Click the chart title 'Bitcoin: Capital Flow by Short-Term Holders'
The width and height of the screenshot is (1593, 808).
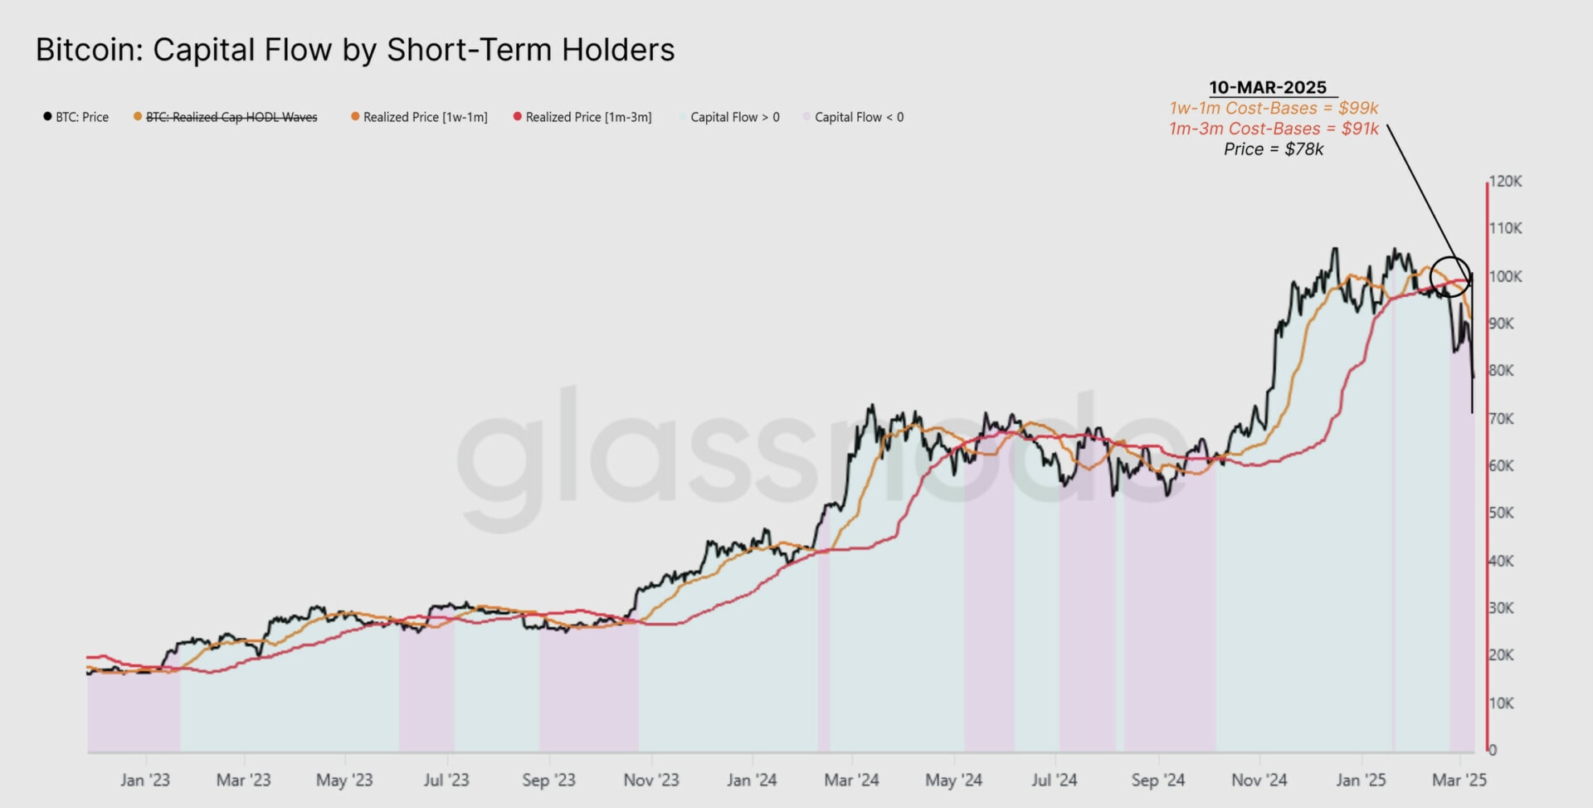tap(355, 50)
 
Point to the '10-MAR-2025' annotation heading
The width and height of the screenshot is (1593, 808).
tap(1267, 87)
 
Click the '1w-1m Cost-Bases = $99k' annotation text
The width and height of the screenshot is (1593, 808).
tap(1274, 108)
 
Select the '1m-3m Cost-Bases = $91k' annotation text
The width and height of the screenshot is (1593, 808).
tap(1274, 129)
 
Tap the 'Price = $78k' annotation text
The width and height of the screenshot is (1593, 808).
tap(1274, 149)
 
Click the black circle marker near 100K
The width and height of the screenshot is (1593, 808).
tap(1450, 277)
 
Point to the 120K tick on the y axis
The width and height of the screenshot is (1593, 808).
tap(1505, 181)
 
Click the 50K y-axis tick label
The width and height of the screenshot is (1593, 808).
tap(1501, 513)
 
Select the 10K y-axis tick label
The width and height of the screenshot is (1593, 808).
tap(1501, 703)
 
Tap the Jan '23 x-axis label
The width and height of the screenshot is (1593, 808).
tap(144, 780)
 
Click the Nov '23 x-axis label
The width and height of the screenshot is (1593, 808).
tap(651, 780)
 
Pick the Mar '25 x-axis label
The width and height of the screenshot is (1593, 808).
tap(1459, 780)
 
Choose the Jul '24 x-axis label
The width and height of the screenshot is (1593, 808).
tap(1054, 780)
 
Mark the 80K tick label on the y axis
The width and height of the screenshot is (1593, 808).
tap(1501, 370)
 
